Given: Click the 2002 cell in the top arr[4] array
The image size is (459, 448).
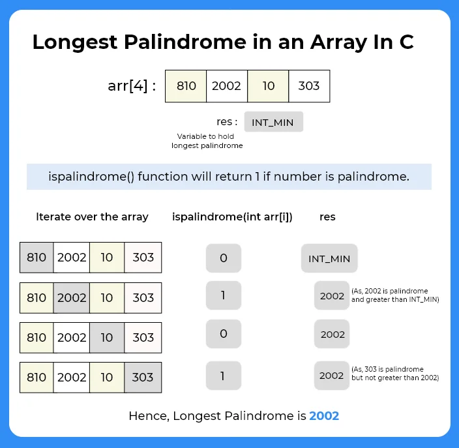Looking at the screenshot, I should click(227, 86).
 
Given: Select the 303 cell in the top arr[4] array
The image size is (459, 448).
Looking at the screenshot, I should click(308, 86).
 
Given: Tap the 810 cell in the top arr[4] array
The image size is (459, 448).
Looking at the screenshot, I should click(186, 86).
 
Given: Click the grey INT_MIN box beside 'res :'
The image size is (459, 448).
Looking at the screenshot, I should click(274, 122).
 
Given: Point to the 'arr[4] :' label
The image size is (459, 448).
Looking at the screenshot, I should click(132, 86).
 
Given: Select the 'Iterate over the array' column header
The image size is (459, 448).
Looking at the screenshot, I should click(92, 217).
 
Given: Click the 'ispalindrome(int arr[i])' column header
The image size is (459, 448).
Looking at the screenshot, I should click(232, 217).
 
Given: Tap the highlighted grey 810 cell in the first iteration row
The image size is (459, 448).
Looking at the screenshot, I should click(37, 258).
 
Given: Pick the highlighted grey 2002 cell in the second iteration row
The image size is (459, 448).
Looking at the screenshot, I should click(72, 297).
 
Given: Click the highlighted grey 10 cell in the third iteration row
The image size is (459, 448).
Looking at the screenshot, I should click(107, 338).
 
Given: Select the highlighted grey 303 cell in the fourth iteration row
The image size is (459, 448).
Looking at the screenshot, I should click(143, 378).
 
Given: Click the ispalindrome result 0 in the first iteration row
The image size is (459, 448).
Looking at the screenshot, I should click(224, 258).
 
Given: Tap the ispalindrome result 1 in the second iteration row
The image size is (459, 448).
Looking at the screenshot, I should click(224, 295).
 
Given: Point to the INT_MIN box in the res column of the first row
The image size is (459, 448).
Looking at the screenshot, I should click(329, 258).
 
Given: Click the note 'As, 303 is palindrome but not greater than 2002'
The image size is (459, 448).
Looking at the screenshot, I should click(395, 373).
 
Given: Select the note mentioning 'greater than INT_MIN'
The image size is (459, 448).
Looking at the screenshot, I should click(395, 295).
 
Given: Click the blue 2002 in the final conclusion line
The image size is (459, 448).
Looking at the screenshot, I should click(324, 415).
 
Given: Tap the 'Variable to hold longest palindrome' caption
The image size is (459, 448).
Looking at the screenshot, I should click(207, 141).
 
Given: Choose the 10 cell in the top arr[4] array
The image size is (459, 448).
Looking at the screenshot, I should click(268, 86).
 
